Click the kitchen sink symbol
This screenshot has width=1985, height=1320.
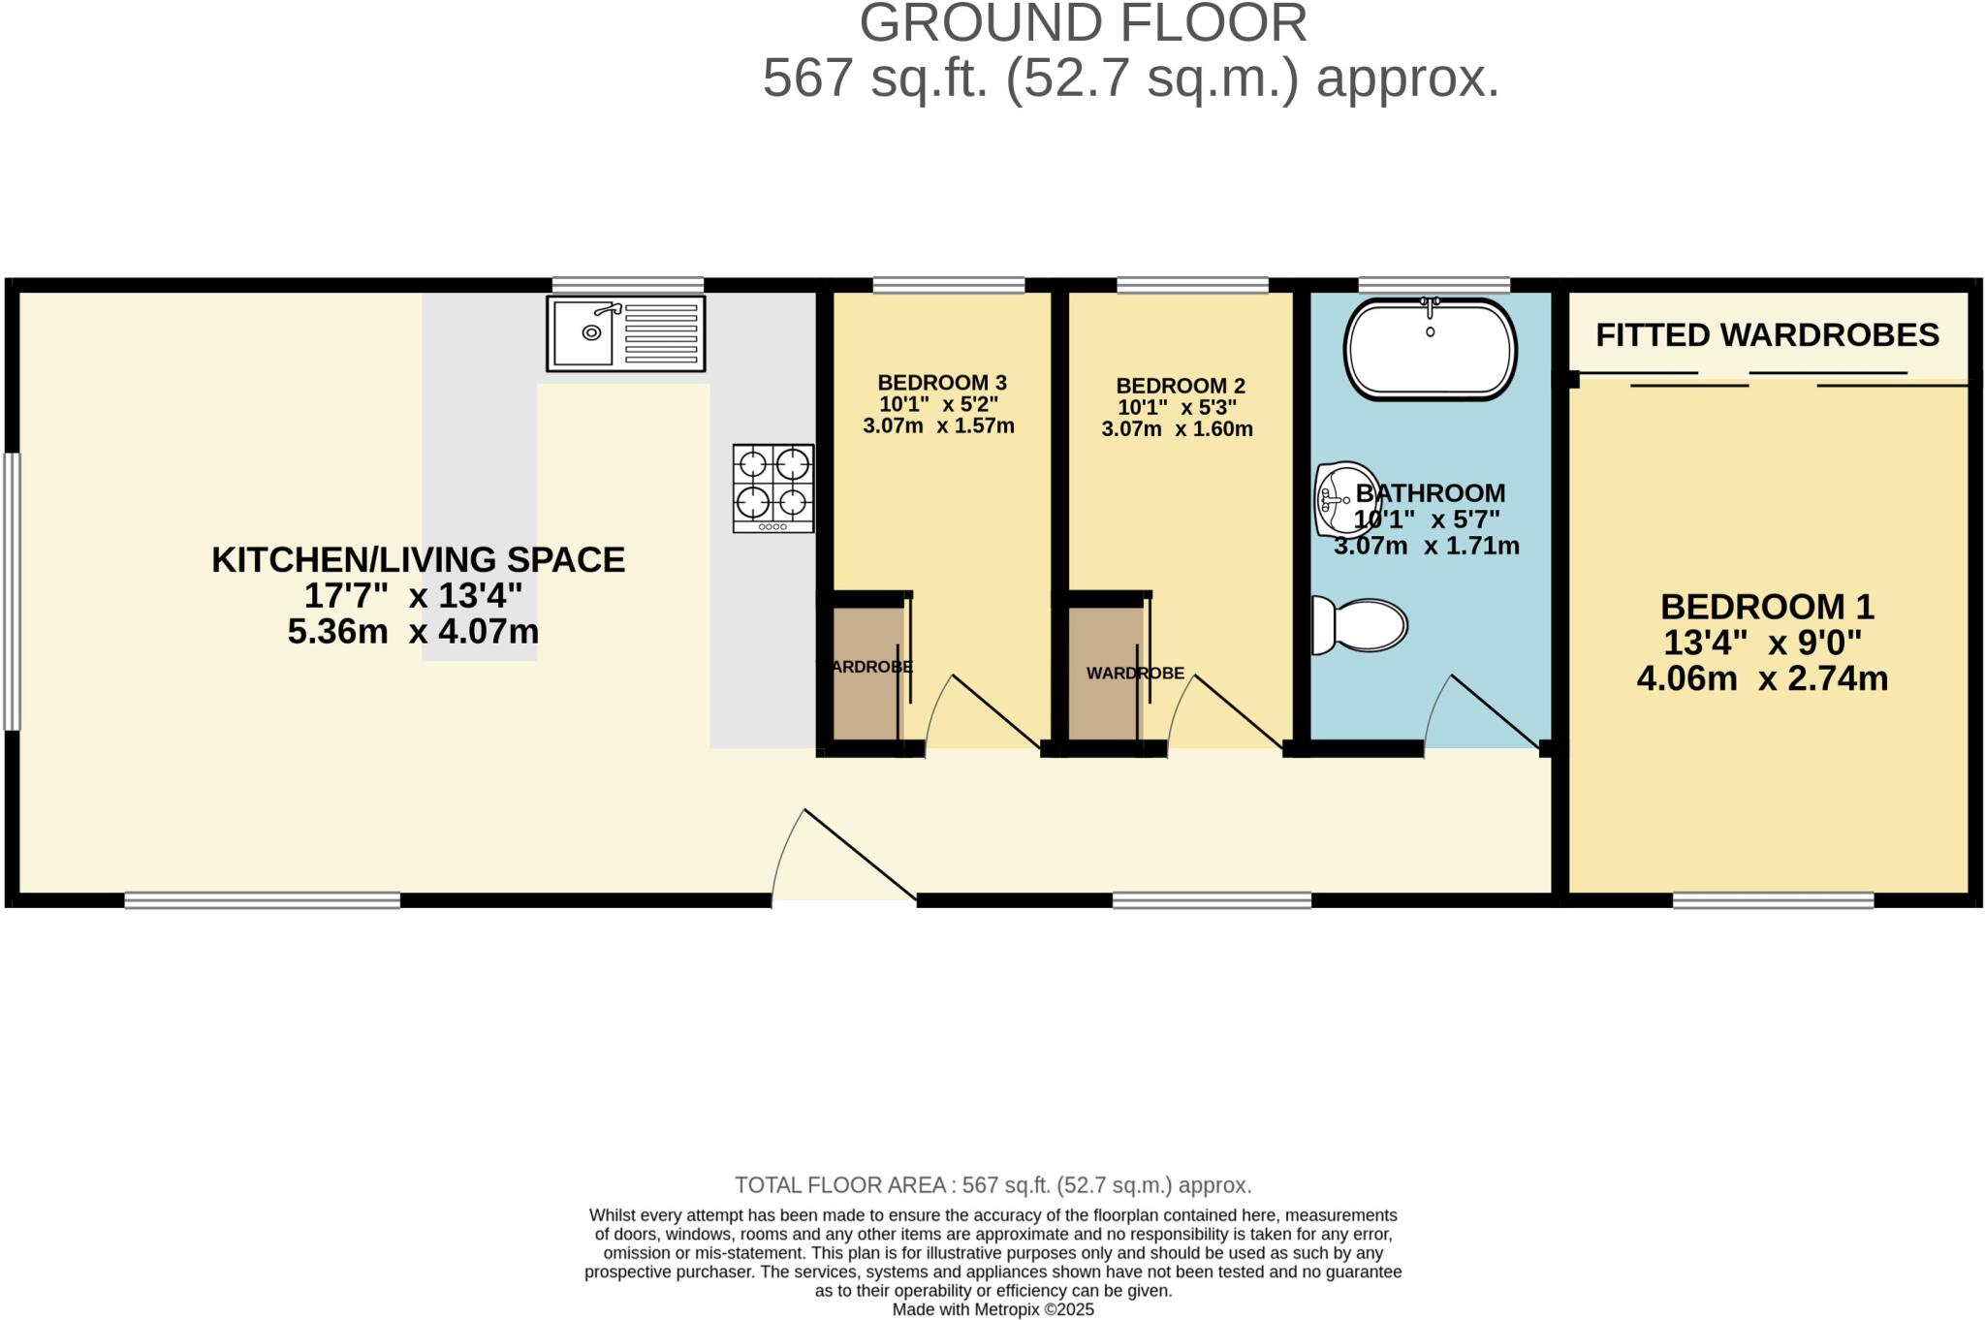[625, 333]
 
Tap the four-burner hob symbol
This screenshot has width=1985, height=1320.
[772, 488]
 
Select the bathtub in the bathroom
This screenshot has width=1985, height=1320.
[1430, 349]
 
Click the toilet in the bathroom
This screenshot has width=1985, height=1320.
[1359, 625]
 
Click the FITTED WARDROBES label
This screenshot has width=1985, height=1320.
[1767, 335]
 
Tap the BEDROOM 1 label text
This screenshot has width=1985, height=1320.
[1767, 607]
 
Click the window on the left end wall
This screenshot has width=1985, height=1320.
[12, 591]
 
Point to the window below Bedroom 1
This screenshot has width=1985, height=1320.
[1773, 900]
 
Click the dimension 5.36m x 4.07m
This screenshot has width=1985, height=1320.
[413, 632]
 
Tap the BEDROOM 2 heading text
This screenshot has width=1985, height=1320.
[1180, 386]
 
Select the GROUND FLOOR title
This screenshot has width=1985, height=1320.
[1083, 23]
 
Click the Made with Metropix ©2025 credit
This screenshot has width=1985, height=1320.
[992, 1309]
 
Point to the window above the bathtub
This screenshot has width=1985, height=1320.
[1434, 284]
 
